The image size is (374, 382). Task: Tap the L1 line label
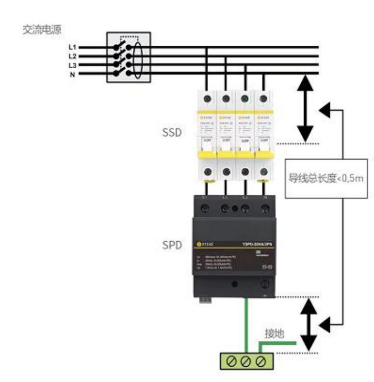tap(72, 47)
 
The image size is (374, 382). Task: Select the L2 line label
tap(72, 56)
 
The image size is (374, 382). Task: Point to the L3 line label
tap(72, 65)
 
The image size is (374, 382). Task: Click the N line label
tap(73, 74)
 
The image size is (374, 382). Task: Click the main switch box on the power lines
tap(128, 57)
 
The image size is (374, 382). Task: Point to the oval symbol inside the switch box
tap(136, 60)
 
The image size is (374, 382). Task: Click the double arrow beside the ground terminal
tap(305, 324)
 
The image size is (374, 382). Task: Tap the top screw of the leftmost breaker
tap(208, 98)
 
